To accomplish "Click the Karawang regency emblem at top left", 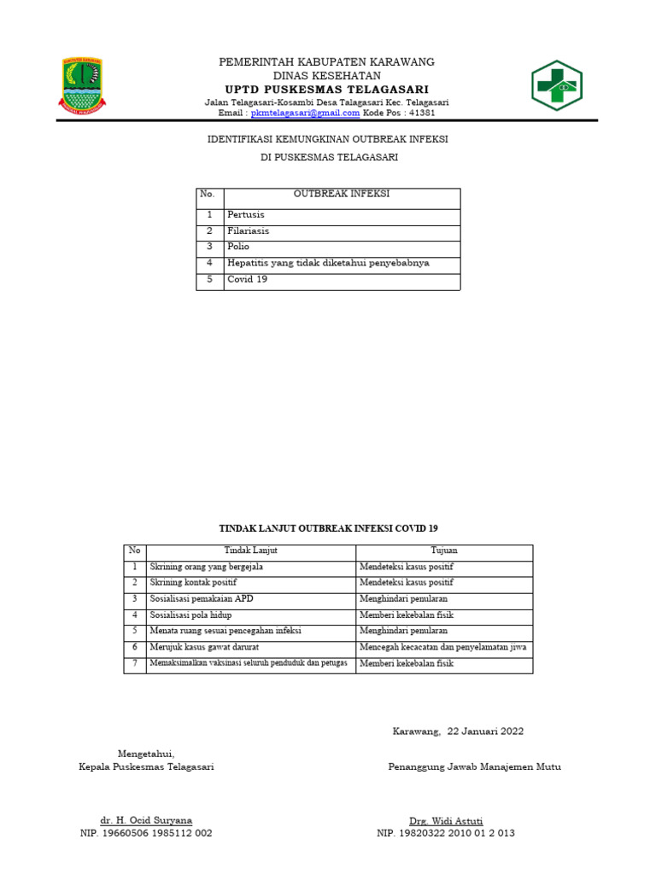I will (82, 85).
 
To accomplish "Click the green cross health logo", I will (556, 86).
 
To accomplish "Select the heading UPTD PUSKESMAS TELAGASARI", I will (327, 90).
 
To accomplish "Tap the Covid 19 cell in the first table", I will (247, 280).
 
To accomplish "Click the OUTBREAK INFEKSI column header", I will (341, 195).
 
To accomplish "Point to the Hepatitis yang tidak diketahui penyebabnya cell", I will (328, 264).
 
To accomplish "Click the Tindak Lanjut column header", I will (251, 551).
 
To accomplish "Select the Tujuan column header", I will (443, 551).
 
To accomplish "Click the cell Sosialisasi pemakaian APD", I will (202, 599).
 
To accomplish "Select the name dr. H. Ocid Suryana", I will (146, 820).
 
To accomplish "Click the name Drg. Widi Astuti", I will (446, 820).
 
